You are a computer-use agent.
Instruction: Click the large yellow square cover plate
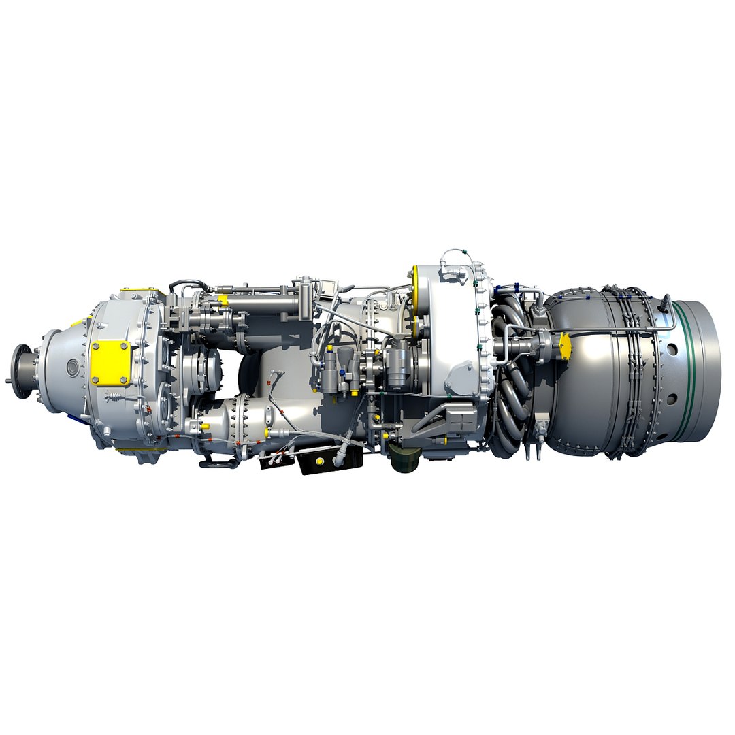[110, 363]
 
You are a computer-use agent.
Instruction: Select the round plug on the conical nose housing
[72, 367]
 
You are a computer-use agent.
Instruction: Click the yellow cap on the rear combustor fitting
[564, 345]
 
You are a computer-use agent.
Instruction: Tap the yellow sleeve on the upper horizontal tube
[223, 299]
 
